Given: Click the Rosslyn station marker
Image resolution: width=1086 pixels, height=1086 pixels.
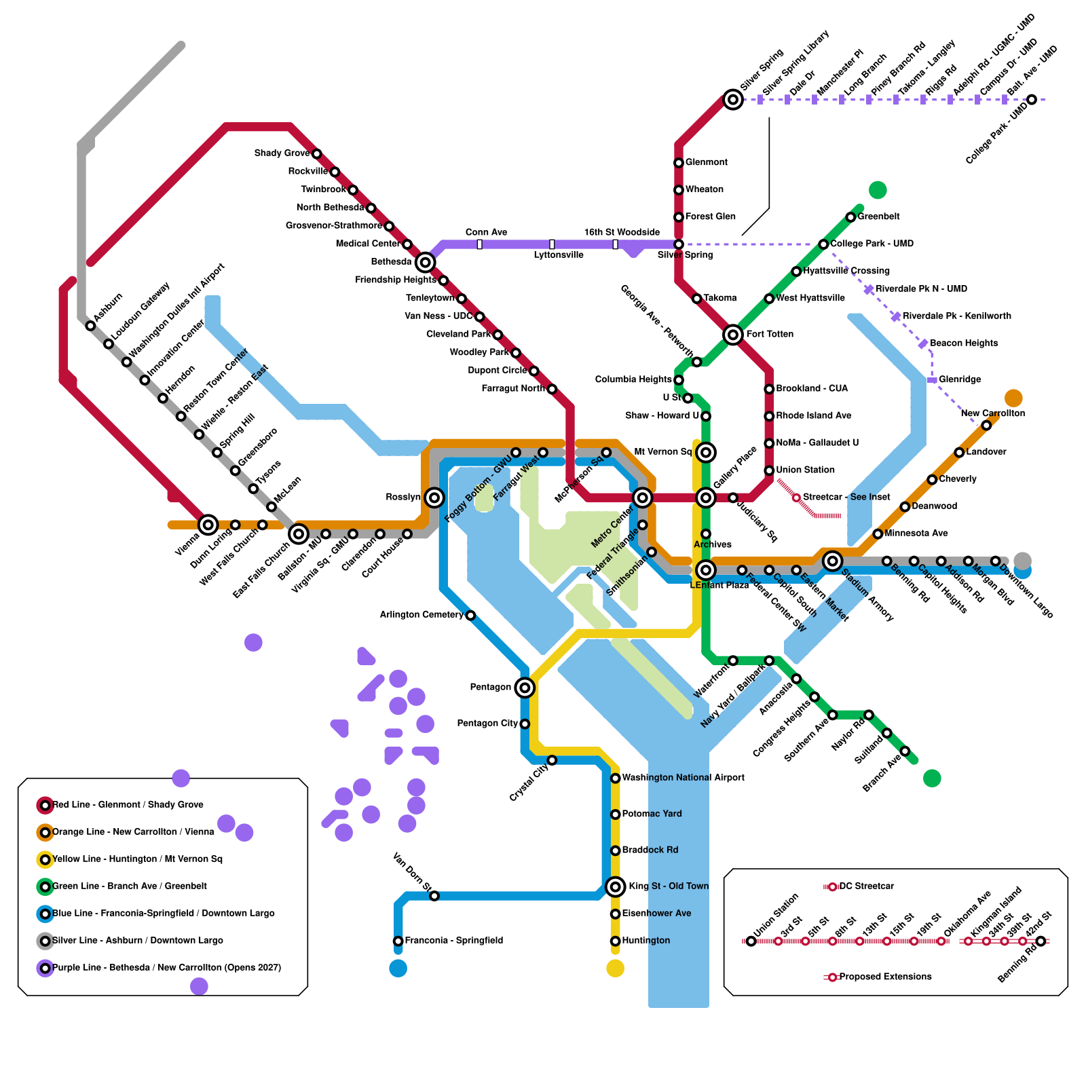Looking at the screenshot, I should [x=434, y=498].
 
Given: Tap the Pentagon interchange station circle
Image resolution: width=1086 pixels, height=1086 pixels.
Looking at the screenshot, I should [x=525, y=688].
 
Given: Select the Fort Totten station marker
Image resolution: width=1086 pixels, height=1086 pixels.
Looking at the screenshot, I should [x=733, y=334].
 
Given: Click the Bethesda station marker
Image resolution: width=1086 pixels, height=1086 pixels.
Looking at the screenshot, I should [x=426, y=262].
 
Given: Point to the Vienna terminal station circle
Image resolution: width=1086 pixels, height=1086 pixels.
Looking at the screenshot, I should [x=208, y=525].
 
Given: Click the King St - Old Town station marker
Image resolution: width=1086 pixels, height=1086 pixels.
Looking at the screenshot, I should [x=616, y=886].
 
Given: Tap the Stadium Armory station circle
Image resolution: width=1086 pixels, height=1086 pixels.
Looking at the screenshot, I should [x=833, y=561].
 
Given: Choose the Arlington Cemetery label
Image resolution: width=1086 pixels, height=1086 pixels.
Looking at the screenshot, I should [x=421, y=615].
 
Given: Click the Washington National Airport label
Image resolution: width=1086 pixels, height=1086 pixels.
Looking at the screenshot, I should [x=683, y=778].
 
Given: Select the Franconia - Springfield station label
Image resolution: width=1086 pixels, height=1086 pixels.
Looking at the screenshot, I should [x=453, y=941].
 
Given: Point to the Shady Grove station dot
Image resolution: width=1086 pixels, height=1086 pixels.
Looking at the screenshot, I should [x=317, y=154].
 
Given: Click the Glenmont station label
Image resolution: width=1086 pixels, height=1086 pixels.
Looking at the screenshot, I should [x=706, y=162].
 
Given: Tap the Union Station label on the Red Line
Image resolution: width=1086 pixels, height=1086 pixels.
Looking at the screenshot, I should [x=805, y=470].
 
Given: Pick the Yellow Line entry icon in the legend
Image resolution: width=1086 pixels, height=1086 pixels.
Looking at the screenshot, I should [x=45, y=859].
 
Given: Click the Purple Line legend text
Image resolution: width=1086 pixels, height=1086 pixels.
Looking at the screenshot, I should [x=166, y=968].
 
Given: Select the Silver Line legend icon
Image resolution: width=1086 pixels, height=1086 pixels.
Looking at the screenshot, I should [x=45, y=941].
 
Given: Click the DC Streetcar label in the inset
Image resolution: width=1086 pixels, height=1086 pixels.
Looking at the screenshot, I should [x=866, y=886].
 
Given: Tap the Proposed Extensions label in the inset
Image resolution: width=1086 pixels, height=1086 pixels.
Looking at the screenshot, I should [x=885, y=977].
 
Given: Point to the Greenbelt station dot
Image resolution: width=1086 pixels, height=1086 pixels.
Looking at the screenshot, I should [x=850, y=217].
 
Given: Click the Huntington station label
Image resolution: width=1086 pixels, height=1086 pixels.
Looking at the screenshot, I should [x=645, y=941].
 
